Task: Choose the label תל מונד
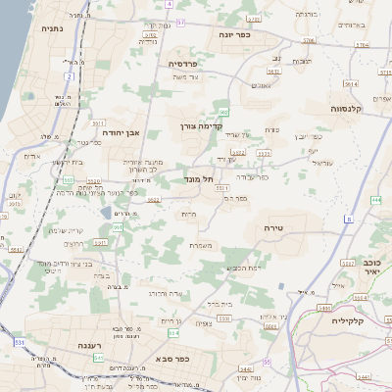(198, 180)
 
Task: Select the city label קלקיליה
(348, 320)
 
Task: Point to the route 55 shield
(266, 363)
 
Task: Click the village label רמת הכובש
(241, 268)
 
